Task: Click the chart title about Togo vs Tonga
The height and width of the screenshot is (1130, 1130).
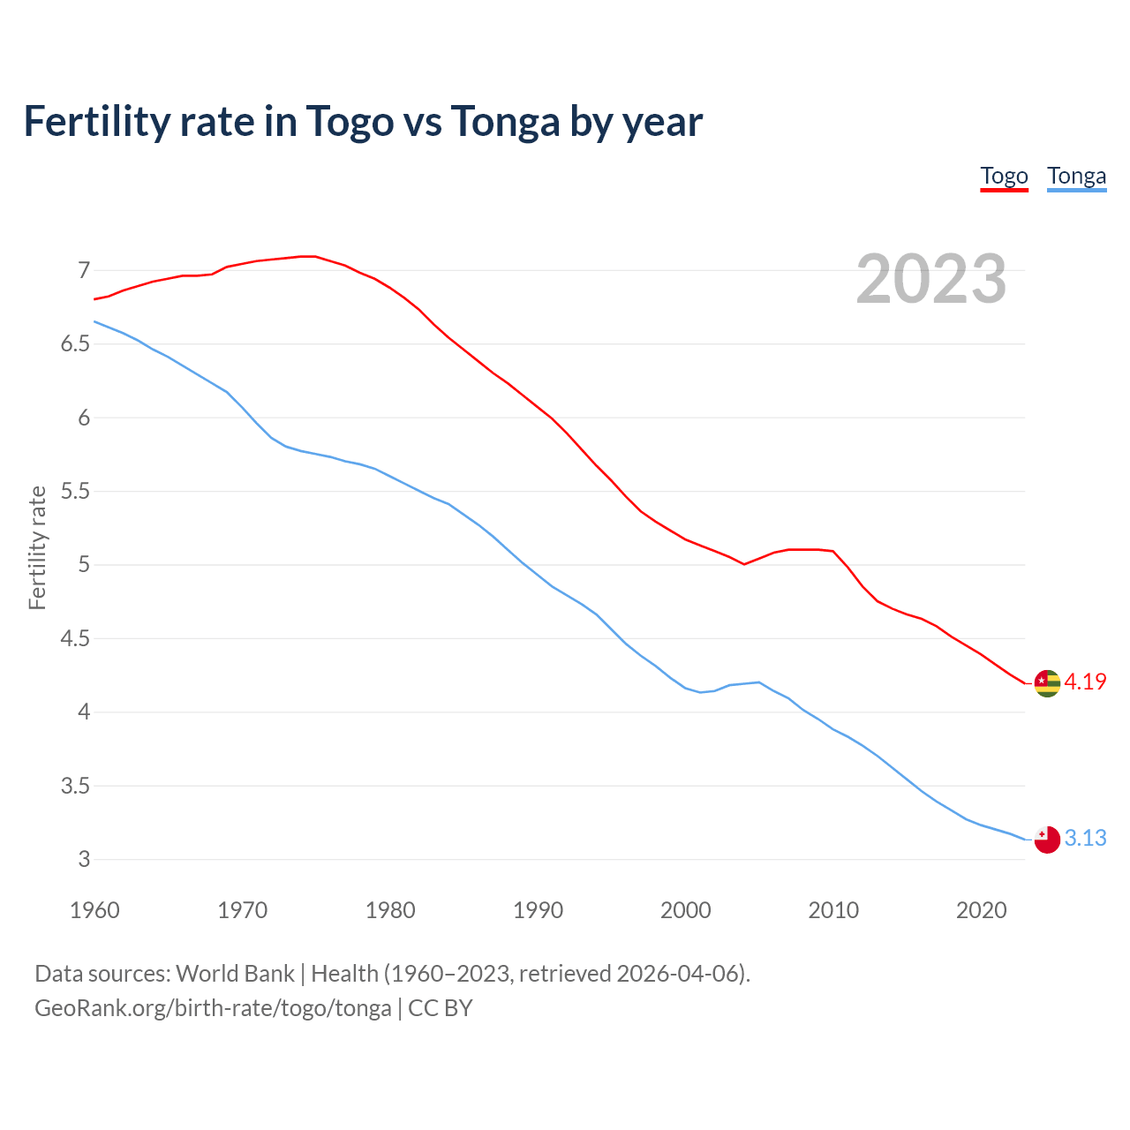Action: tap(363, 121)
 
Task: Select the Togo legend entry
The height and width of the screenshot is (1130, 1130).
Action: tap(1004, 176)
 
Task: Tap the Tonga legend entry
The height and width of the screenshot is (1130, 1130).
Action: tap(1076, 176)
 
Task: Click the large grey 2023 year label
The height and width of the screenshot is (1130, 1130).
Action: tap(930, 279)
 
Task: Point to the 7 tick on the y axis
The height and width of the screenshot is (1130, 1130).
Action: tap(84, 270)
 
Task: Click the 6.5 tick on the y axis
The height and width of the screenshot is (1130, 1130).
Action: tap(76, 343)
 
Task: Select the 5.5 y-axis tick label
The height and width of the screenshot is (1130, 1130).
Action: tap(76, 491)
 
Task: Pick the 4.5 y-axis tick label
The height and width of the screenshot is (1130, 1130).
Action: tap(76, 638)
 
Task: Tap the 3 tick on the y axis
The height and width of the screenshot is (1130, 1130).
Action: tap(84, 859)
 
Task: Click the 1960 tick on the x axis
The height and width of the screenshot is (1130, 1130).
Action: tap(94, 910)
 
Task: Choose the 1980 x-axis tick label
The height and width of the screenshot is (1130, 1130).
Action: tap(390, 910)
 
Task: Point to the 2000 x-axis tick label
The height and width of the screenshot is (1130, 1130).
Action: tap(685, 910)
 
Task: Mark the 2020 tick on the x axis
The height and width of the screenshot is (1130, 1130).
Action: tap(981, 910)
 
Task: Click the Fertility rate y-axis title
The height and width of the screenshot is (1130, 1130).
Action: tap(37, 547)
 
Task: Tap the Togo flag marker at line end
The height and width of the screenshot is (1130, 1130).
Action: tap(1046, 682)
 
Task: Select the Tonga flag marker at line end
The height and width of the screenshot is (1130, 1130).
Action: tap(1046, 840)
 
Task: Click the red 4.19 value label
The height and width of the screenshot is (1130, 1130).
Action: tap(1085, 682)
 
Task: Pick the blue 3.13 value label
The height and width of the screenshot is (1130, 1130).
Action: tap(1085, 838)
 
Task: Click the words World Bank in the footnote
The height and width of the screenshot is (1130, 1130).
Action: tap(235, 973)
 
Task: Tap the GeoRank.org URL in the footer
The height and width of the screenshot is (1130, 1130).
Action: tap(213, 1007)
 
